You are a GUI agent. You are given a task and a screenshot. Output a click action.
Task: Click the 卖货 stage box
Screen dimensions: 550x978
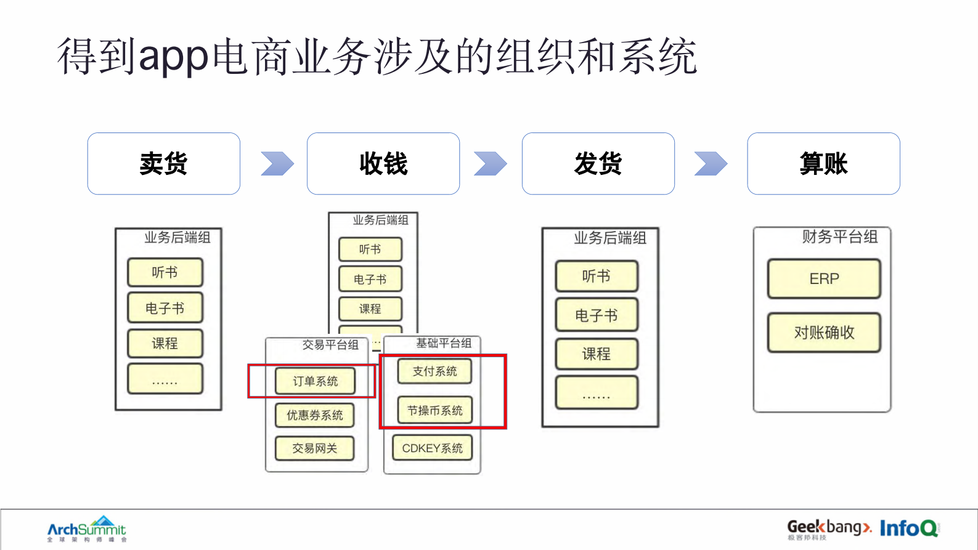click(x=163, y=164)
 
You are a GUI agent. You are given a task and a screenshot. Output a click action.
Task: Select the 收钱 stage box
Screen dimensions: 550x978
click(x=383, y=164)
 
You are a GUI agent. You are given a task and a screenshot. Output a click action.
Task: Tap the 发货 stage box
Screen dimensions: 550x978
click(x=598, y=164)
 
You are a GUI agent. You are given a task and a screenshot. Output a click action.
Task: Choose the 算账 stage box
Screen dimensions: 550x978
click(x=823, y=164)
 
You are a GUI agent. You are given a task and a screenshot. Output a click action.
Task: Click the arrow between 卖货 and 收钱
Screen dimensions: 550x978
click(x=277, y=164)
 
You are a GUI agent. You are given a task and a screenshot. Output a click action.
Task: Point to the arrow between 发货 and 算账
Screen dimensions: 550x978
click(x=711, y=164)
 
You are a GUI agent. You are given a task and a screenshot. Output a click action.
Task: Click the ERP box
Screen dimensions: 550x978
click(x=824, y=279)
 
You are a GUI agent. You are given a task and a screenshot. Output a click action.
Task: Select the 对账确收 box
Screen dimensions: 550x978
click(x=824, y=333)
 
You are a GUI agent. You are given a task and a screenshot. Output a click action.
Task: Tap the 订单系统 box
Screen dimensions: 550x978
click(x=315, y=381)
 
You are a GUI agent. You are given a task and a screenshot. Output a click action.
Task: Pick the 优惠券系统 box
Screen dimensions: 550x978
click(x=315, y=415)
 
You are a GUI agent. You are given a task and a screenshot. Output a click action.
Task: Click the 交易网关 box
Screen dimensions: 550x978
click(x=315, y=448)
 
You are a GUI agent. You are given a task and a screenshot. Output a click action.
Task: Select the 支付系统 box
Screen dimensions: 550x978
click(x=434, y=371)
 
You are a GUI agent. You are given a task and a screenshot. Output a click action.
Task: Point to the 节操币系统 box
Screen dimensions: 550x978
click(x=434, y=411)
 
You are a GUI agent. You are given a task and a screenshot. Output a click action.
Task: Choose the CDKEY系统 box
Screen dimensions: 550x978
click(x=432, y=448)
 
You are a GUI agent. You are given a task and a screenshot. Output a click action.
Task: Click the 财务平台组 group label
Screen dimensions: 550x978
click(x=839, y=237)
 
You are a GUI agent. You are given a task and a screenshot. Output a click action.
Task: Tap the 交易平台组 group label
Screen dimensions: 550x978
click(x=330, y=345)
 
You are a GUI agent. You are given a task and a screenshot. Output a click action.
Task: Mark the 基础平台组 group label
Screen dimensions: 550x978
click(x=444, y=343)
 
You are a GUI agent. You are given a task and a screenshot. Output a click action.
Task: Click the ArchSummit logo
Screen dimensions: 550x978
click(x=87, y=529)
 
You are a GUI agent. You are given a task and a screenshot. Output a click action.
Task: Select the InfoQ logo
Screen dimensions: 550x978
click(x=909, y=528)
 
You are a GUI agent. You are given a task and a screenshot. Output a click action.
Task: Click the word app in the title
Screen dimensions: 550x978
click(x=174, y=57)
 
